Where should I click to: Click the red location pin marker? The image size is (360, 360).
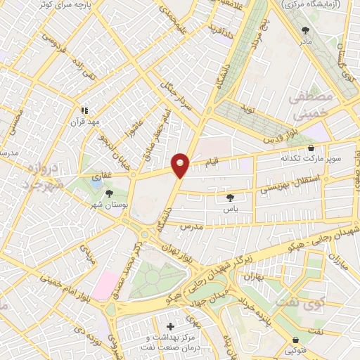[181, 165]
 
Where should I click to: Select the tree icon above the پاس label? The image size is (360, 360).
[231, 198]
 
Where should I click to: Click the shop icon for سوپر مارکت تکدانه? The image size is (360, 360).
[311, 148]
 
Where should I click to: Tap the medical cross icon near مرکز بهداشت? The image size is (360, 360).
[171, 327]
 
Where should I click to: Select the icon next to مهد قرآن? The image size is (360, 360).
[84, 110]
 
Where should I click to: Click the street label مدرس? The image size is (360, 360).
[190, 229]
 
